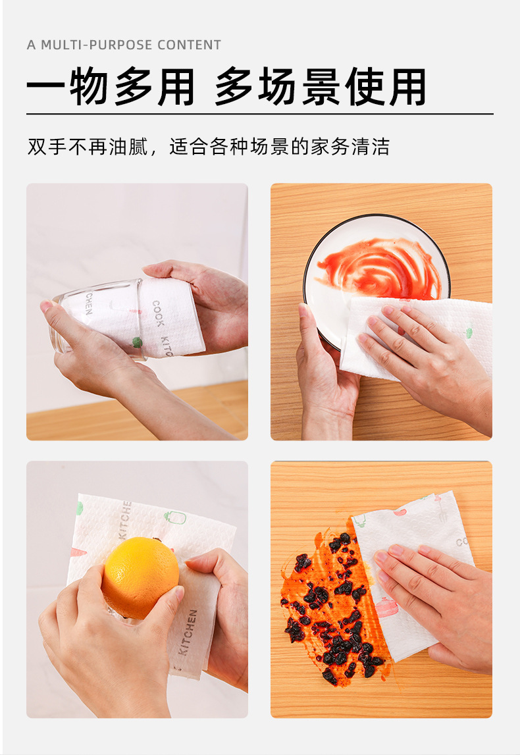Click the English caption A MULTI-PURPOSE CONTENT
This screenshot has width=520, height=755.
click(x=124, y=45)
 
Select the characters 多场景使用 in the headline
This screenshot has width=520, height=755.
click(x=321, y=88)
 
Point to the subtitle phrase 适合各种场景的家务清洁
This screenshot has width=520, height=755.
click(x=279, y=146)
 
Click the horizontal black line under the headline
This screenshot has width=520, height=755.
click(x=259, y=114)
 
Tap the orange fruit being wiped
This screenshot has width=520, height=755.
click(x=140, y=577)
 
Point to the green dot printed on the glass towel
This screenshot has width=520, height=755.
click(x=137, y=342)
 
